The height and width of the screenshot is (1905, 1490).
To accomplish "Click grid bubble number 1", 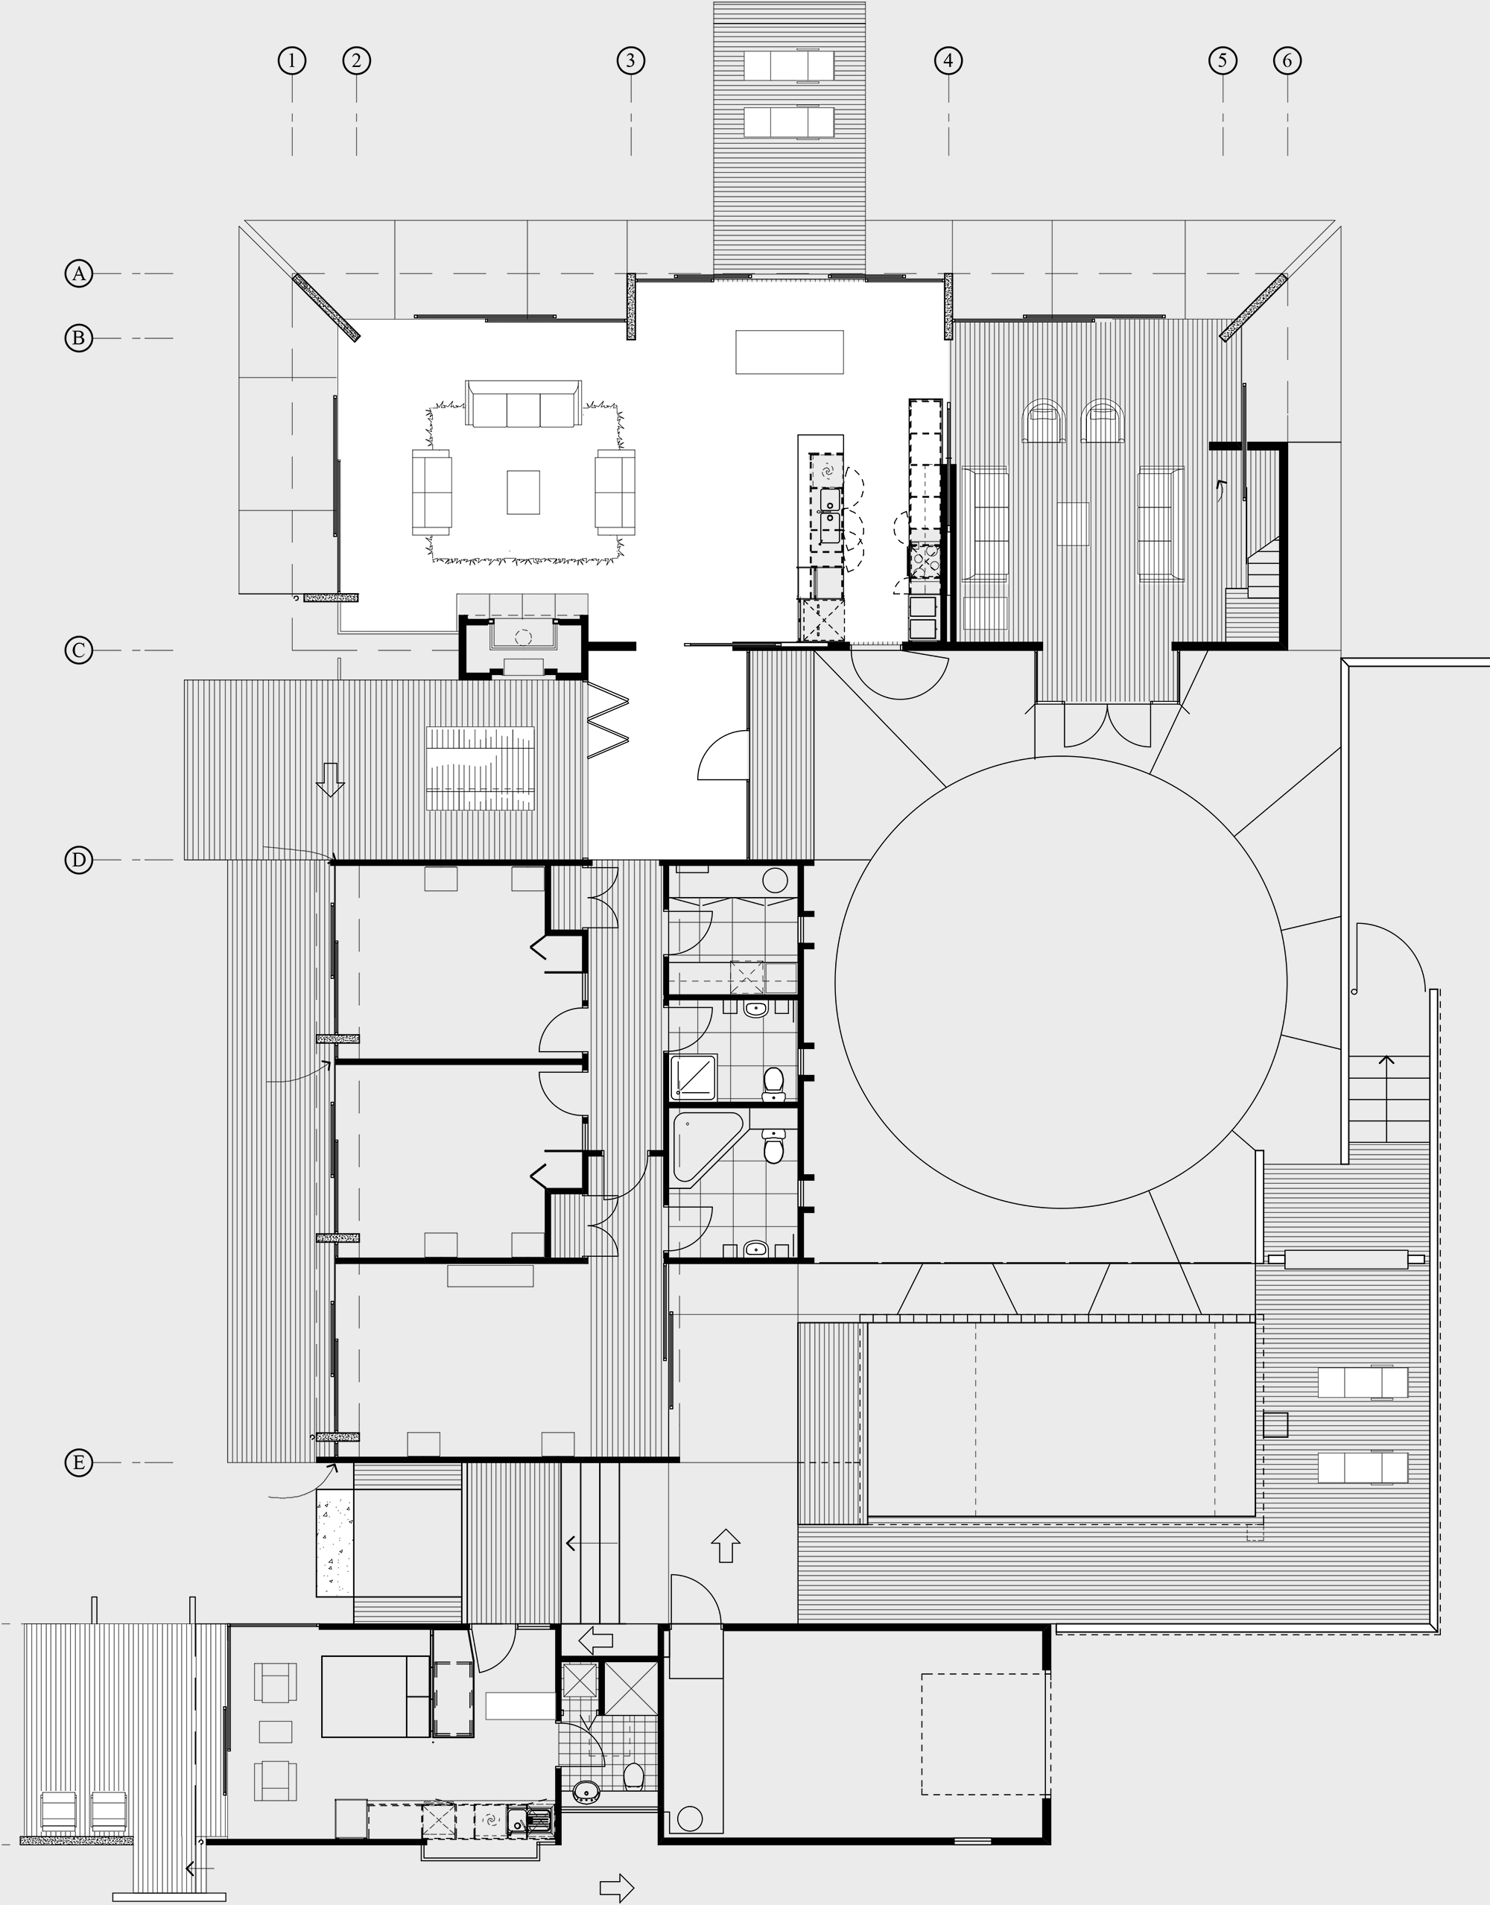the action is [x=291, y=60].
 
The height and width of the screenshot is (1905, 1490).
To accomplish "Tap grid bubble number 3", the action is [x=631, y=60].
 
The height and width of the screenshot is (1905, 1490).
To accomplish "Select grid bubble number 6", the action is [x=1287, y=60].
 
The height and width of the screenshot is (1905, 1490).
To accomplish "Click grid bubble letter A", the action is [x=78, y=274].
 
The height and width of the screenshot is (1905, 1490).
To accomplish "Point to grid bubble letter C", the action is [x=78, y=650].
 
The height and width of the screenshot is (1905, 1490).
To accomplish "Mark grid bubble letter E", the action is [x=78, y=1462].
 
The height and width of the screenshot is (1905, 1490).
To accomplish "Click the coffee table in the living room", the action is [x=524, y=492].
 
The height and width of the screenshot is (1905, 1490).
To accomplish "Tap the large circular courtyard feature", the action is [x=1061, y=982].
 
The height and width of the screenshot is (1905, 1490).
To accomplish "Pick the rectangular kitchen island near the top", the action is [x=790, y=352].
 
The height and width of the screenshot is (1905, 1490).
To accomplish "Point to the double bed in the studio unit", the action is [x=376, y=1696].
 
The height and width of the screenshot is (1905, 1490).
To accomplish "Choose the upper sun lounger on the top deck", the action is [x=790, y=66].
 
